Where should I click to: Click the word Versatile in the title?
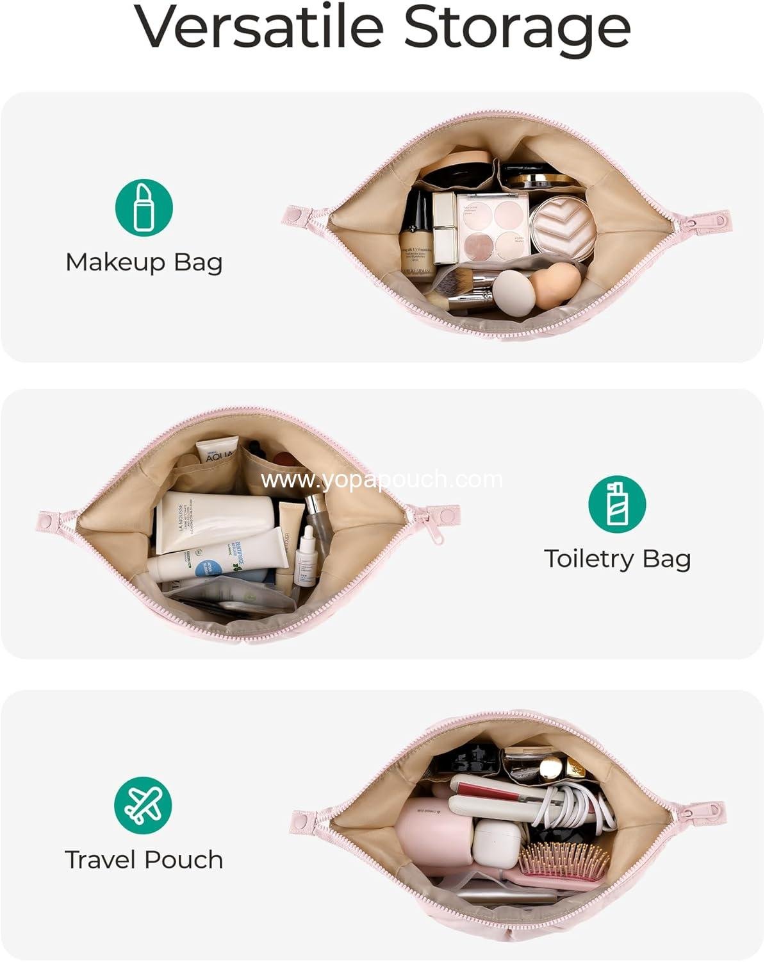[x=259, y=27]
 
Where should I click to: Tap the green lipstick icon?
[x=144, y=208]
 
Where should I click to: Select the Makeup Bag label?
[x=144, y=262]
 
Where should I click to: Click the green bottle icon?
[x=617, y=503]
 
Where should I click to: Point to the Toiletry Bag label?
[x=617, y=559]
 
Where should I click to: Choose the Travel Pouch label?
[x=144, y=859]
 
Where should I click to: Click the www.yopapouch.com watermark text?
[x=382, y=479]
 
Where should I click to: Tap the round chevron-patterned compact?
[x=563, y=228]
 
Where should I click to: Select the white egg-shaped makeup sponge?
[x=513, y=292]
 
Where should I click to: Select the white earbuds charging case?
[x=497, y=843]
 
